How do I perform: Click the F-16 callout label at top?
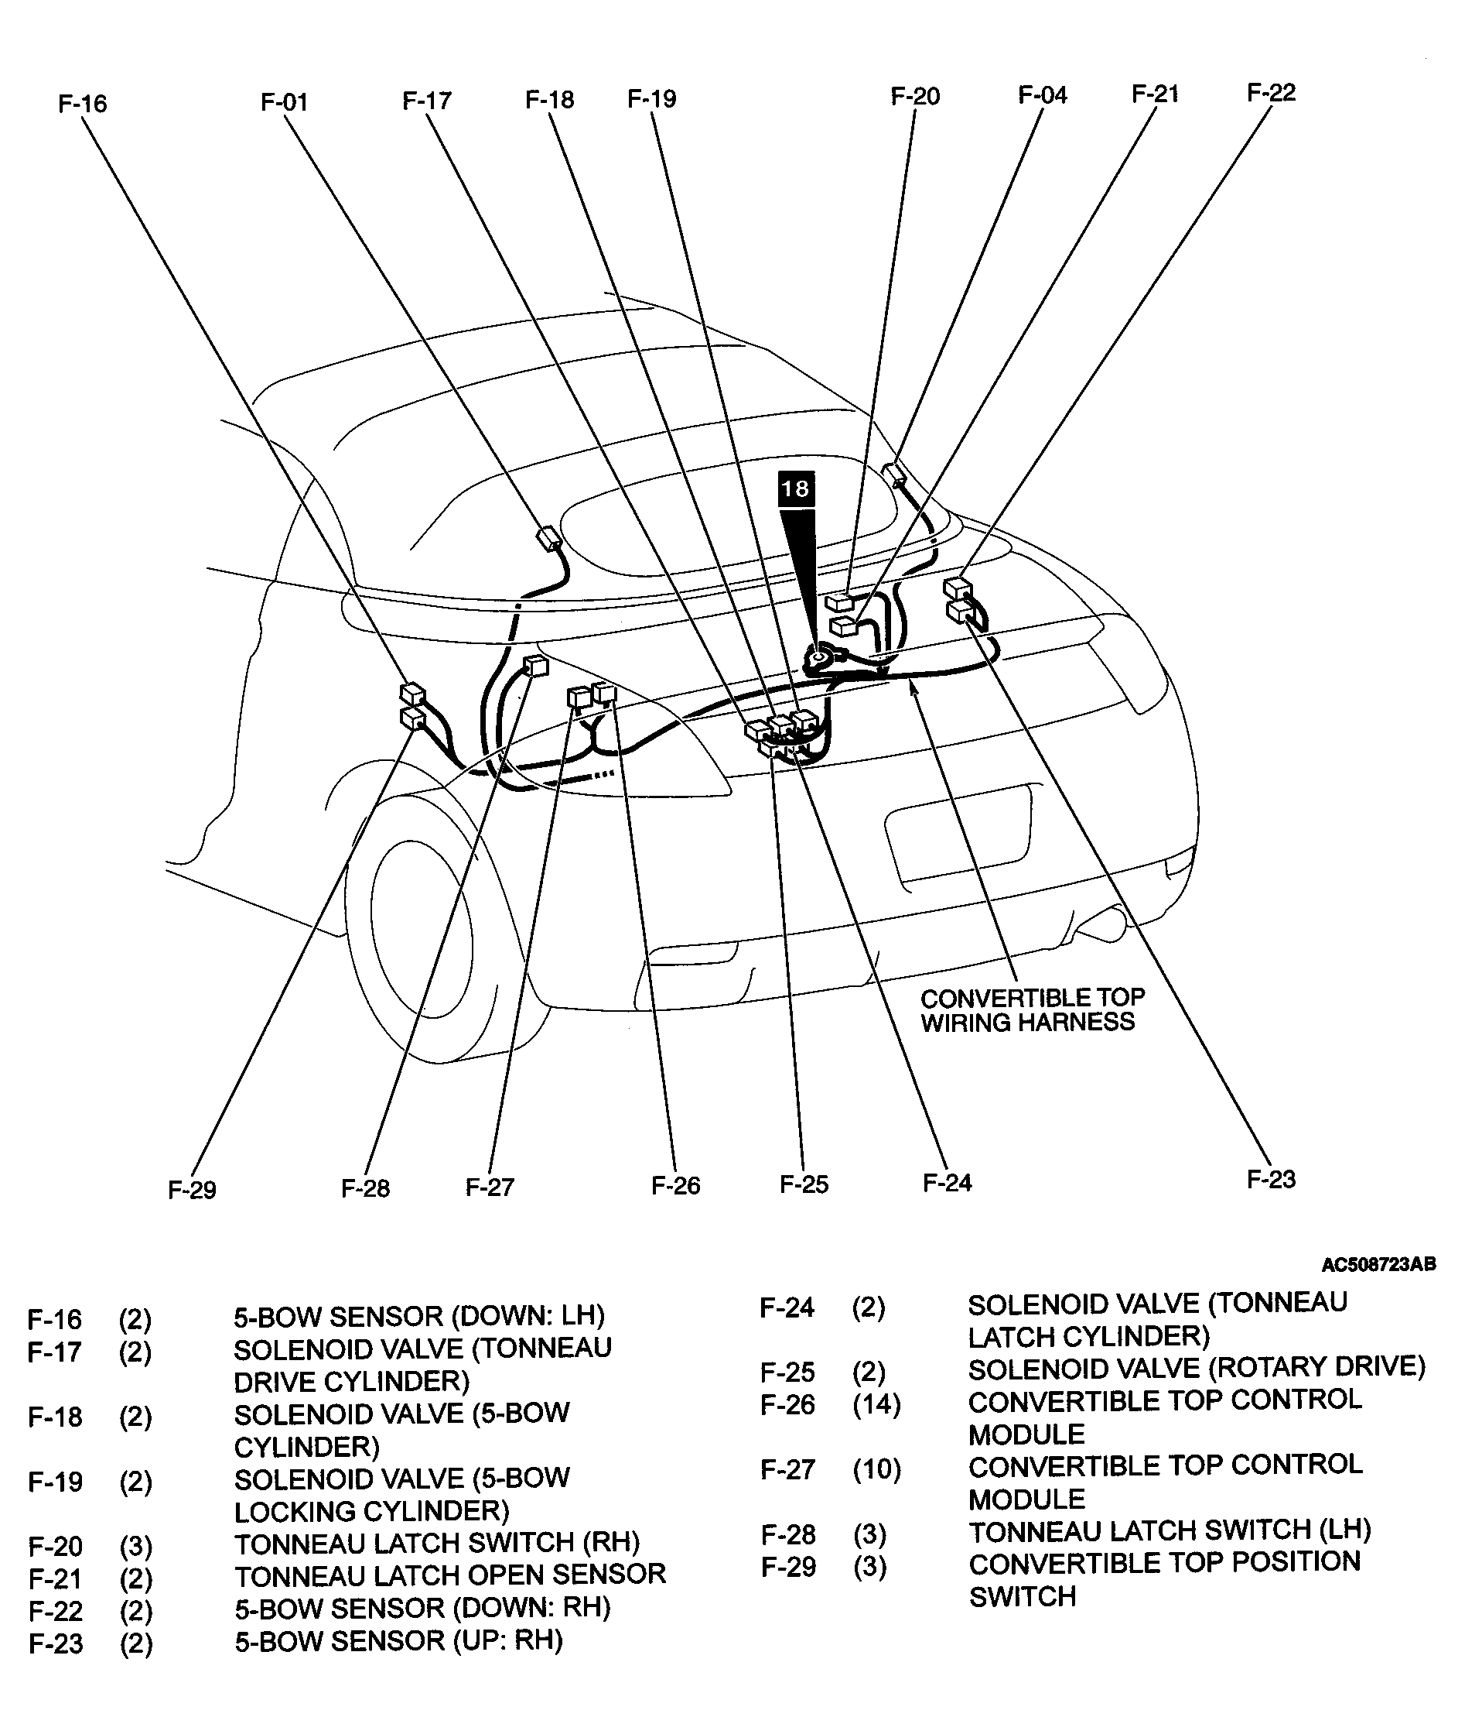tap(82, 104)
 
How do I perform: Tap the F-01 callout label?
tap(284, 102)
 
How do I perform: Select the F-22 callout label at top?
tap(1270, 92)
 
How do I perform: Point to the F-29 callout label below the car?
tap(191, 1190)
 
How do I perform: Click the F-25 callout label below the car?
tap(804, 1184)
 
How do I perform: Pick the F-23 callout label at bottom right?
tap(1270, 1179)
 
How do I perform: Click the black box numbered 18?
tap(795, 488)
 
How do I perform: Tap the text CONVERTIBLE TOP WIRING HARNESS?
tap(1031, 1010)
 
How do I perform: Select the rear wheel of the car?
tap(422, 912)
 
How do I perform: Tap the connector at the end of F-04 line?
tap(894, 475)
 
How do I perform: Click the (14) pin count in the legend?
tap(876, 1404)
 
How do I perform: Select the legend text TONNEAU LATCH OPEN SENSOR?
tap(449, 1575)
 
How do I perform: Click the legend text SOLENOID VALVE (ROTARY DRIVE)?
tap(1196, 1367)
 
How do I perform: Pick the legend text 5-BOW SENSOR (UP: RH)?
tap(398, 1640)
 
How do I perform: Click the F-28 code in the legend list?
tap(787, 1534)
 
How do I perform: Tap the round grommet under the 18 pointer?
tap(818, 657)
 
